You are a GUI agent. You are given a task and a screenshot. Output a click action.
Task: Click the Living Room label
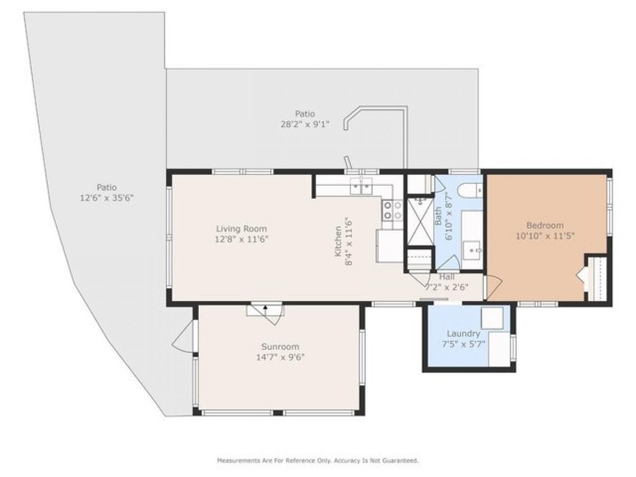pyautogui.click(x=241, y=229)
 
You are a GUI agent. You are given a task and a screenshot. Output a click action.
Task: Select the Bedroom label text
pyautogui.click(x=544, y=225)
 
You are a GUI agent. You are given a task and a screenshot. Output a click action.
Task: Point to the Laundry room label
pyautogui.click(x=463, y=334)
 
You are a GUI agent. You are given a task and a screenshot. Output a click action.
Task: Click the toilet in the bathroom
pyautogui.click(x=471, y=190)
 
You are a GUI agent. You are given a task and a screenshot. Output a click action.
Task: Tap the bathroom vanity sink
pyautogui.click(x=471, y=249)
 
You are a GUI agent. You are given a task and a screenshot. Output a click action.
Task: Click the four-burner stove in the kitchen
pyautogui.click(x=392, y=210)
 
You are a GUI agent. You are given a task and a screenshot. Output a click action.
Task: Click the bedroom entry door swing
pyautogui.click(x=492, y=286)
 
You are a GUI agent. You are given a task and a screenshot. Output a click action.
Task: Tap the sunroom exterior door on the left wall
pyautogui.click(x=183, y=338)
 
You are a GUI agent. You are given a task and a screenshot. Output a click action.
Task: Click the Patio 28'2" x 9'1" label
pyautogui.click(x=305, y=119)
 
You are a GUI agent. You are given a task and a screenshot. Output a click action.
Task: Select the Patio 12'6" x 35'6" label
pyautogui.click(x=106, y=192)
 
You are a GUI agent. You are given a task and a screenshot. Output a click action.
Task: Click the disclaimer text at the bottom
pyautogui.click(x=317, y=461)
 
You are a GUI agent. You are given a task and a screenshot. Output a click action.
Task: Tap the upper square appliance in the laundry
pyautogui.click(x=492, y=318)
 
